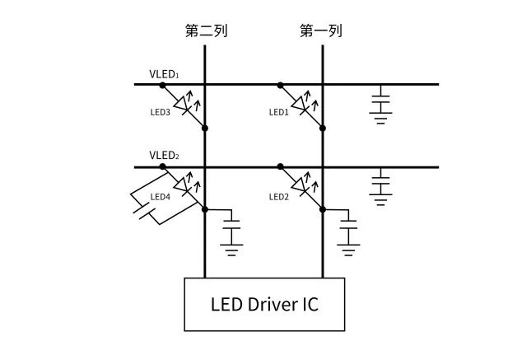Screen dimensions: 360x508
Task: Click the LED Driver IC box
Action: click(x=263, y=304)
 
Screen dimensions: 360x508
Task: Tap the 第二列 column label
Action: click(x=205, y=31)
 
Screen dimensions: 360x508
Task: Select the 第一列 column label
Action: click(x=321, y=31)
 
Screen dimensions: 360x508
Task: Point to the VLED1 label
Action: click(x=164, y=74)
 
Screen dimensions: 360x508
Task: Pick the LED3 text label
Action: click(x=161, y=112)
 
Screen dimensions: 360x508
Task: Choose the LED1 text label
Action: click(x=278, y=112)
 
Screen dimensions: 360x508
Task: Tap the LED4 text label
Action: click(x=161, y=197)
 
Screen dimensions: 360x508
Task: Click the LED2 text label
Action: click(x=278, y=196)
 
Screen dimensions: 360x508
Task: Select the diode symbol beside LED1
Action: click(x=301, y=105)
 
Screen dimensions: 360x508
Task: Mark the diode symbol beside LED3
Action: click(x=184, y=105)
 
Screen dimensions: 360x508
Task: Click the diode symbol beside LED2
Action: click(x=301, y=188)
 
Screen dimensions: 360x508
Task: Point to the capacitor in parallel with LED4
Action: click(x=145, y=213)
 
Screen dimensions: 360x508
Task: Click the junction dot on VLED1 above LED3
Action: click(x=163, y=84)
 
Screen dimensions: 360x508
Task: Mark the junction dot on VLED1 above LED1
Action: click(x=281, y=84)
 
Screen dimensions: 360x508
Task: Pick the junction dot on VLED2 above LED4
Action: click(x=163, y=166)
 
